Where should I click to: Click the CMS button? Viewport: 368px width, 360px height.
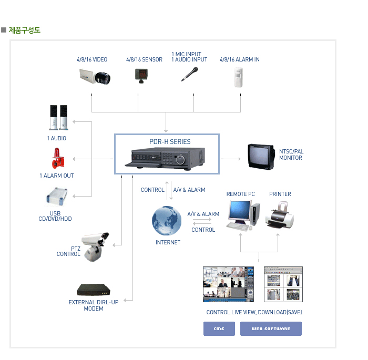219,328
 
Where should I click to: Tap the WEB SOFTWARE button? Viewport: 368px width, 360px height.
271,328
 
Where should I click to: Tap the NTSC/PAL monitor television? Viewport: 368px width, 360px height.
261,156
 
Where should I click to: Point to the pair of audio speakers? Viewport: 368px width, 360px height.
58,117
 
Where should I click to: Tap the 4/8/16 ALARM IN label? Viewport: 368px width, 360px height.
239,60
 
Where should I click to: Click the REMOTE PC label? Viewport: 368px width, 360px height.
240,194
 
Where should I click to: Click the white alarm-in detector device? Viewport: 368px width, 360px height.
240,77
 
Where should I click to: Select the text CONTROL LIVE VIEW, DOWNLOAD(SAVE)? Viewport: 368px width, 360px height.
254,312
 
